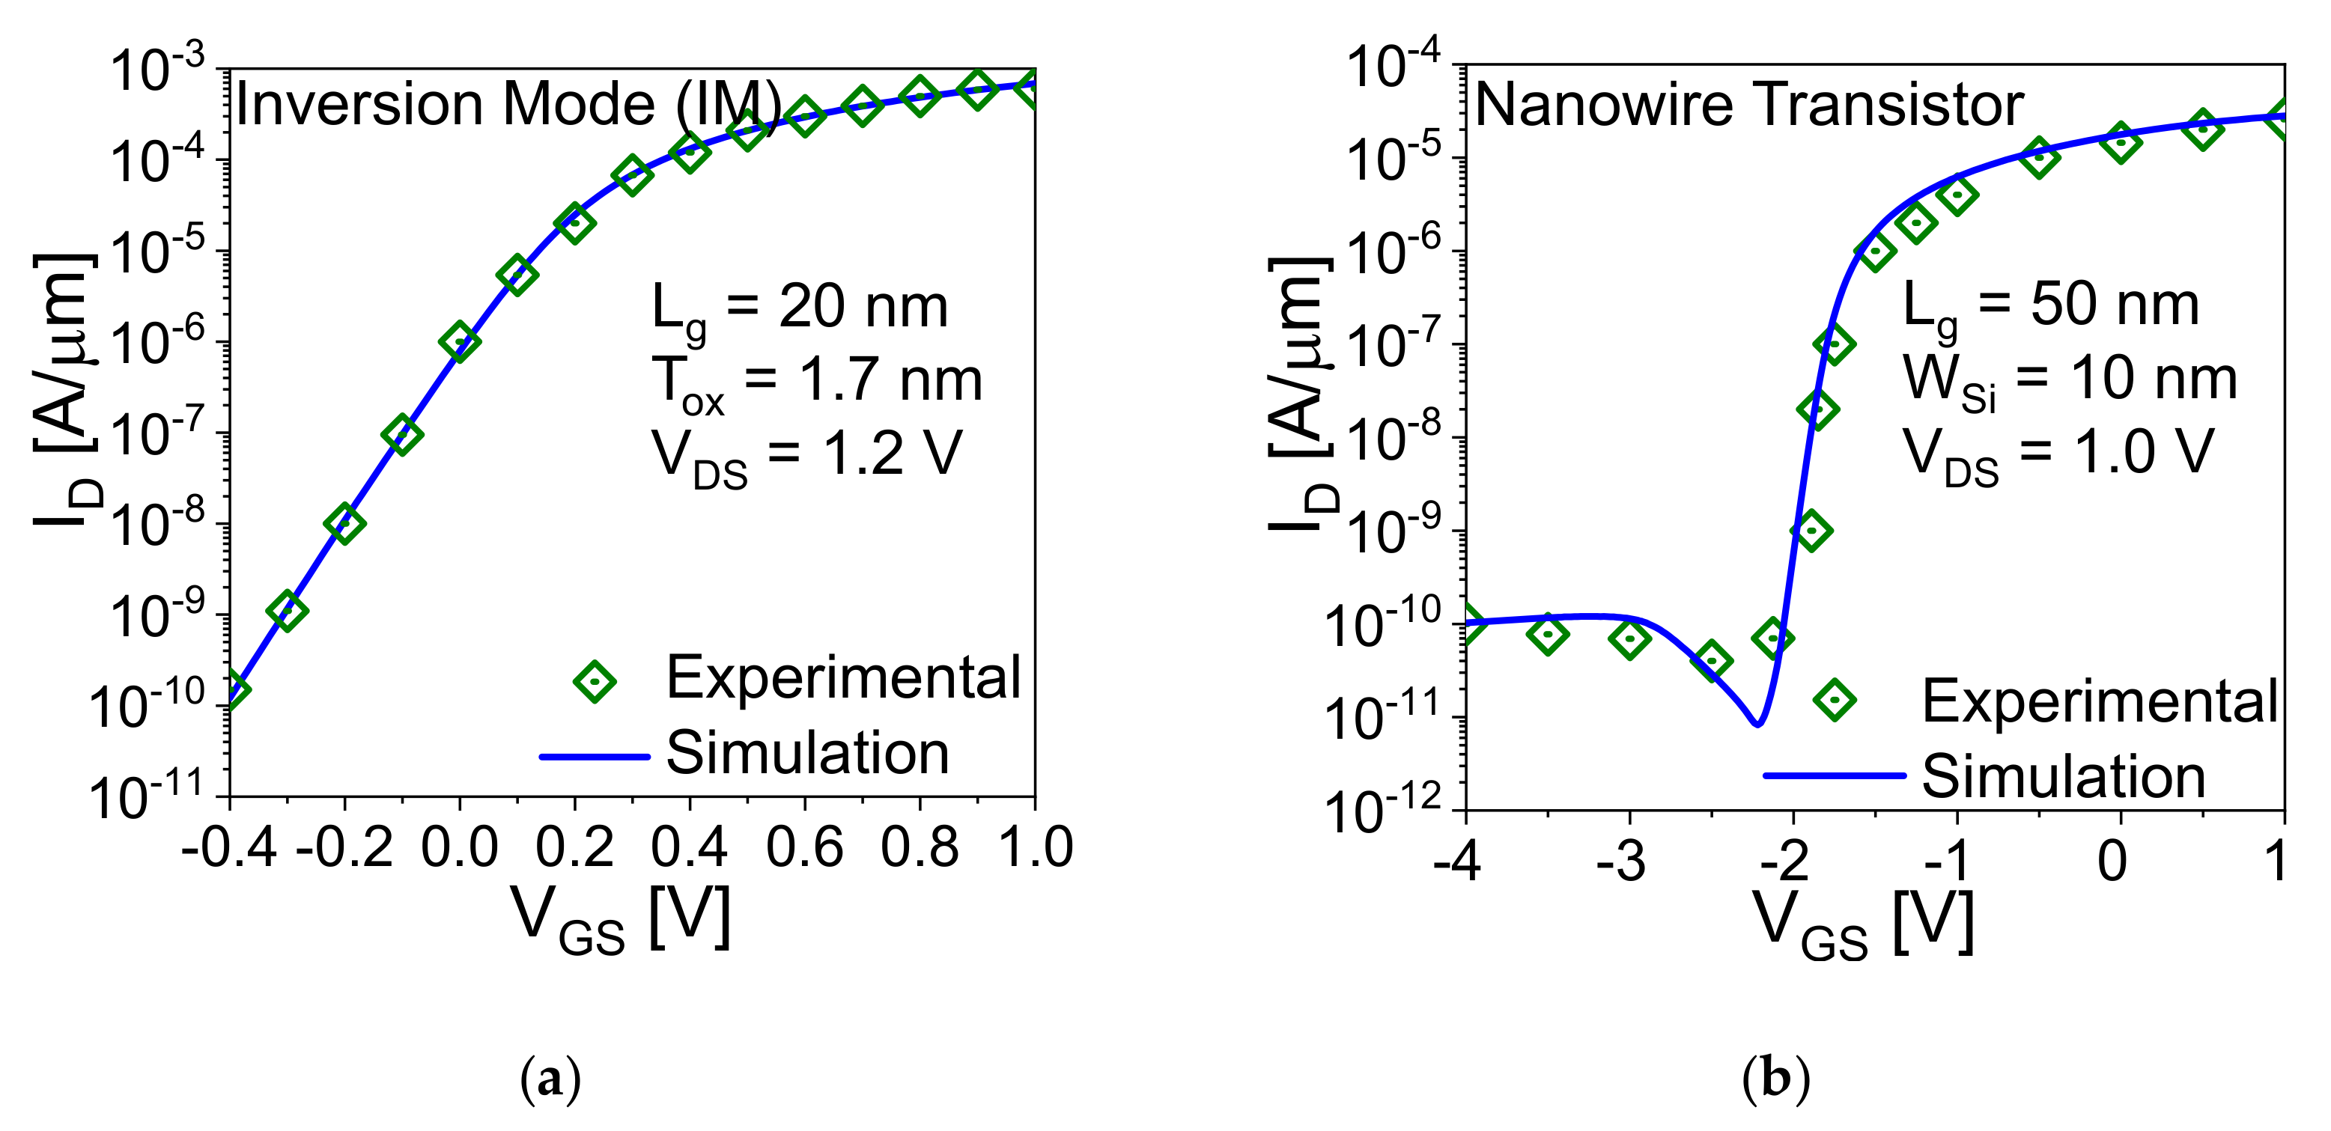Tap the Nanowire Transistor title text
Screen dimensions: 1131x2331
click(1748, 105)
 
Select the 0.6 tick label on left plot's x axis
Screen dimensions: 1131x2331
click(803, 848)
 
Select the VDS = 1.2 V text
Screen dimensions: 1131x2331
click(806, 456)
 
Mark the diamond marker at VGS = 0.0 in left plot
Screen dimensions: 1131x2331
click(460, 341)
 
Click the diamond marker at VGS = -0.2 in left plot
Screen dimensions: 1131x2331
click(344, 523)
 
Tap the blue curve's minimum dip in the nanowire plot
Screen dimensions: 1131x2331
click(1757, 723)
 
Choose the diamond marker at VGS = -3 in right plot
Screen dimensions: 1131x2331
click(1629, 638)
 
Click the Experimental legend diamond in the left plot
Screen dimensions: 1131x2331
click(595, 680)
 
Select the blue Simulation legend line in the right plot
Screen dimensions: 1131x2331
click(1835, 775)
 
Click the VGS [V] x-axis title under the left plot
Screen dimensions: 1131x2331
click(621, 920)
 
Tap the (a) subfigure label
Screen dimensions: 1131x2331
click(551, 1079)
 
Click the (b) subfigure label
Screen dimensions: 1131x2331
click(1775, 1079)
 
